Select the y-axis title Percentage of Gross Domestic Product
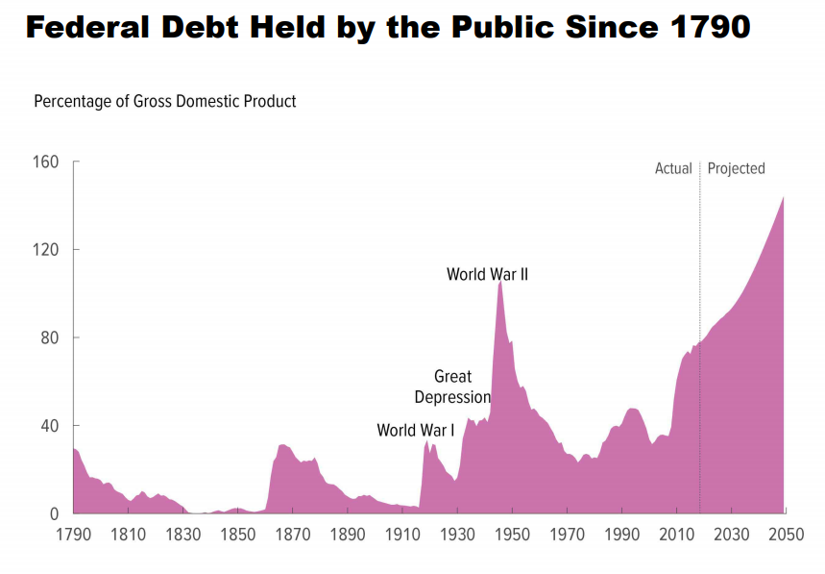[x=165, y=101]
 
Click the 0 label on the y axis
[x=55, y=513]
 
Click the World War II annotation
[x=487, y=274]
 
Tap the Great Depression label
[x=452, y=387]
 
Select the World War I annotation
[x=416, y=430]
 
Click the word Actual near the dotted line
[x=673, y=168]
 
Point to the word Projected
[x=736, y=168]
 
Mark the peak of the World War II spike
[x=500, y=282]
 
